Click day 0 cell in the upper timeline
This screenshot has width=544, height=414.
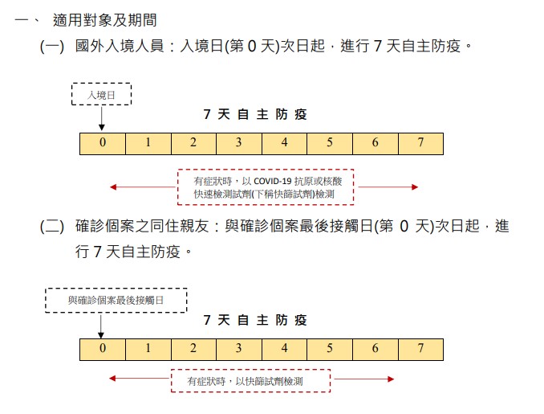(103, 144)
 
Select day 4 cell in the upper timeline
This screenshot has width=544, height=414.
(284, 144)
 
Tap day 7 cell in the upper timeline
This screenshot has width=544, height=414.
(420, 144)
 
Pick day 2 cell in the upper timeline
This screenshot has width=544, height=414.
(193, 144)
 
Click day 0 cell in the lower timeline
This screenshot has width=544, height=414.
(103, 350)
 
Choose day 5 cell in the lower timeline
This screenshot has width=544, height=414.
(330, 350)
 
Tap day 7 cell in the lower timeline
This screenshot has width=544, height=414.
(420, 350)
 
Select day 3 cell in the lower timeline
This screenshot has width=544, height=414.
(239, 350)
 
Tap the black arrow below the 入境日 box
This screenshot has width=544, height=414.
(102, 118)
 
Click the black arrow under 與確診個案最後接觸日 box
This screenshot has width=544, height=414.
(100, 326)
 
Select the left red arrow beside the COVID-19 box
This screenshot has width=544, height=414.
(143, 187)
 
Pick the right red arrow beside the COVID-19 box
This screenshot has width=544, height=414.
(388, 187)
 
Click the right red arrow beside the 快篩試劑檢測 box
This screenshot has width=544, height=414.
(364, 379)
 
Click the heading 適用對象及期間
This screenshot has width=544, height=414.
(105, 20)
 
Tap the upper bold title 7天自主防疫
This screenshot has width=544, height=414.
(255, 114)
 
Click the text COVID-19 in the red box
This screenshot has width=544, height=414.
(272, 181)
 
